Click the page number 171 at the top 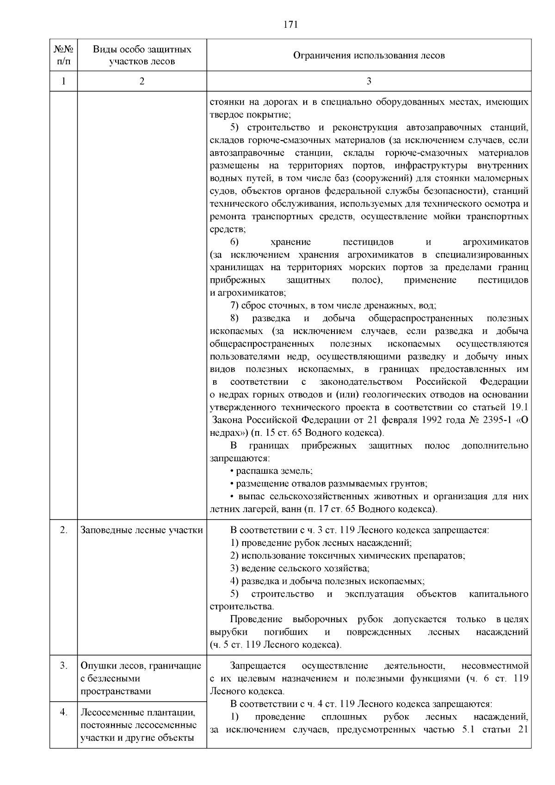pos(290,25)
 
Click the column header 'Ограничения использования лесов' pos(369,56)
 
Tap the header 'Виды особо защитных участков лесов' pos(142,56)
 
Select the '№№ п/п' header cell pos(63,56)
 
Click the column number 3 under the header pos(369,81)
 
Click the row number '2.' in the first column pos(64,530)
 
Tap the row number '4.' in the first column pos(64,712)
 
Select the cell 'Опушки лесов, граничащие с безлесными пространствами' pos(141,679)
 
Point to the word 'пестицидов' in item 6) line pos(368,242)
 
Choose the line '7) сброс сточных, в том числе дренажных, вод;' pos(333,306)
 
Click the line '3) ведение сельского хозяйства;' pos(300,569)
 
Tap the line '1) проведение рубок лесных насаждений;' pos(321,543)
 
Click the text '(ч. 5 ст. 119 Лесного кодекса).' pos(276,645)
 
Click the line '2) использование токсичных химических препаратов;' pos(347,556)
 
